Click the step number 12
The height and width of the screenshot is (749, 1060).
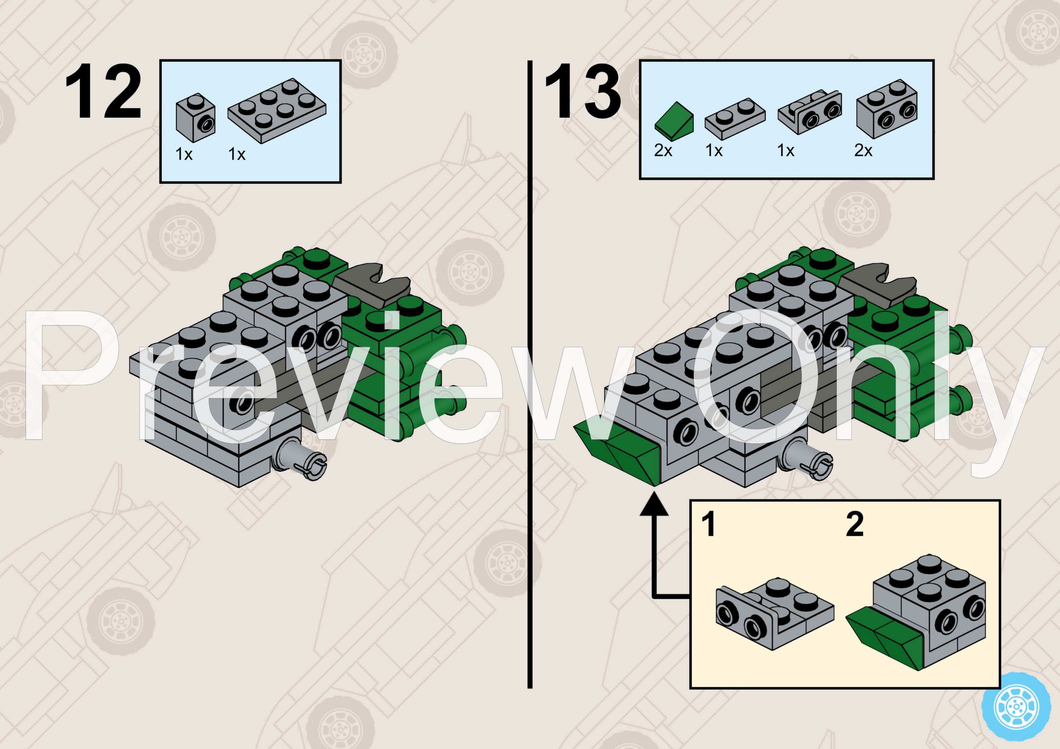point(103,92)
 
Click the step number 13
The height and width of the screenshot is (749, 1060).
point(583,92)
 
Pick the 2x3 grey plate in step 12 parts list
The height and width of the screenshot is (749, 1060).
point(277,110)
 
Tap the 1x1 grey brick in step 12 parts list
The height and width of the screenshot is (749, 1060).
point(195,118)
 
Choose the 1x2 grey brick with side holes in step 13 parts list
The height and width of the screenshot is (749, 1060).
point(886,110)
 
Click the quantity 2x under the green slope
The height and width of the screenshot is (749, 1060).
point(663,150)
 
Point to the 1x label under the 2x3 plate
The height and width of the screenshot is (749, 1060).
point(236,154)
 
